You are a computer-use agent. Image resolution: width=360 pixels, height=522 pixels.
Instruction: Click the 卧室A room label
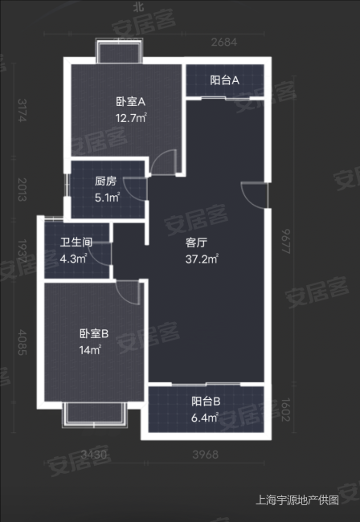click(x=129, y=102)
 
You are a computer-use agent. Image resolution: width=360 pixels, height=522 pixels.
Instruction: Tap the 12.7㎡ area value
click(x=129, y=119)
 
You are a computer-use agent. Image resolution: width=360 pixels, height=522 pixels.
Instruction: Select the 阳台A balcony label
click(x=225, y=80)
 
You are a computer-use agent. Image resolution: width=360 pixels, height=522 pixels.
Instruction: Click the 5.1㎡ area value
click(x=107, y=198)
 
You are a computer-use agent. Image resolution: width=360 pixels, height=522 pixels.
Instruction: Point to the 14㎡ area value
click(x=90, y=350)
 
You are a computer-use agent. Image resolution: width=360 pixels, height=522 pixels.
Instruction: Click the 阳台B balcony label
click(x=206, y=402)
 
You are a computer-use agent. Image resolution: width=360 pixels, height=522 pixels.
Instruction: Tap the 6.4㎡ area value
click(x=207, y=418)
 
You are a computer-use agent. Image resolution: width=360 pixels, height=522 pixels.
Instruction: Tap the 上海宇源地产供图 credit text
click(x=297, y=500)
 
